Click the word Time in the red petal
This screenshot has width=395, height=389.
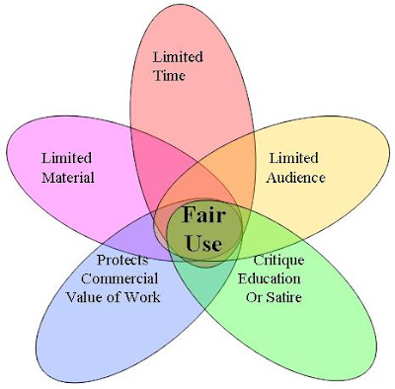[169, 75]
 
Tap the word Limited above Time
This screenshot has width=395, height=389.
[178, 56]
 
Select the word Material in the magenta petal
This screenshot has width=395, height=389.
[68, 178]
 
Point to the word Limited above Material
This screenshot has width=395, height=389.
[66, 158]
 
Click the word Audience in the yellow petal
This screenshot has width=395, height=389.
[296, 178]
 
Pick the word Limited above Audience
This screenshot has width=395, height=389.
[294, 158]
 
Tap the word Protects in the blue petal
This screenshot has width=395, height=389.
[122, 260]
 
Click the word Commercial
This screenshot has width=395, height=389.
[119, 278]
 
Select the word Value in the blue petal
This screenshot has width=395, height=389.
[82, 297]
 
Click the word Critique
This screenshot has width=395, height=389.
[278, 261]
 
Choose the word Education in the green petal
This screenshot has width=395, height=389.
[270, 278]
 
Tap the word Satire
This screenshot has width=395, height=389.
[283, 297]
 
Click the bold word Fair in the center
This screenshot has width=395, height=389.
[203, 214]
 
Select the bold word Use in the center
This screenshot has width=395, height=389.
[203, 243]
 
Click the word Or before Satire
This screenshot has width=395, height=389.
[254, 297]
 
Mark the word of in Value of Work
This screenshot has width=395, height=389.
[111, 297]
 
